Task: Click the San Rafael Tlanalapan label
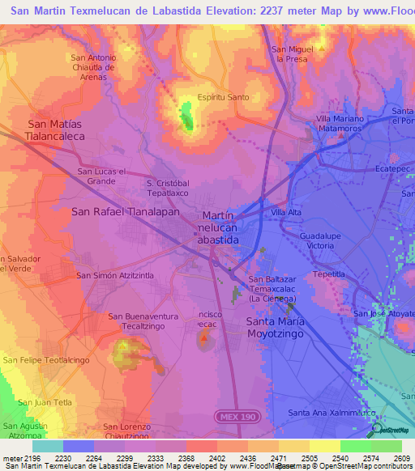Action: point(125,211)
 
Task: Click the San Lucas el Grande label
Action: point(101,176)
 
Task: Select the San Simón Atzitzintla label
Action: point(114,276)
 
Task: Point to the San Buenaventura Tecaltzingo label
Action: point(137,320)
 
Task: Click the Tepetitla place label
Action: point(328,274)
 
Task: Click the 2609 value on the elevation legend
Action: point(402,458)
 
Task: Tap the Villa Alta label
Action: point(286,212)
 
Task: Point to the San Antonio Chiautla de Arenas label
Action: point(94,68)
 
